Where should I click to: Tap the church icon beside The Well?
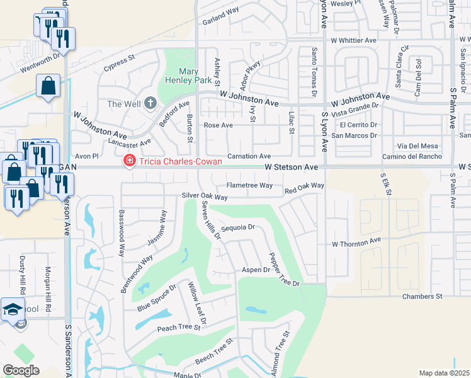coord(150,103)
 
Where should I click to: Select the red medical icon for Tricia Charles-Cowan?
coord(129,162)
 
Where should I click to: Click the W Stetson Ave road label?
coord(292,167)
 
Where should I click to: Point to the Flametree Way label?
coord(249,186)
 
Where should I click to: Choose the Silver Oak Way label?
coord(204,197)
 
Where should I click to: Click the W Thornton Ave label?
coord(357,241)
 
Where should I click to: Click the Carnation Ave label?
coord(249,156)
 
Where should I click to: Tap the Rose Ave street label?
coord(218,125)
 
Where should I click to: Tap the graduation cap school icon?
coord(13,309)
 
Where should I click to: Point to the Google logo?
coord(21,370)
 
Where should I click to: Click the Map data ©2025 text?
coord(444,373)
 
